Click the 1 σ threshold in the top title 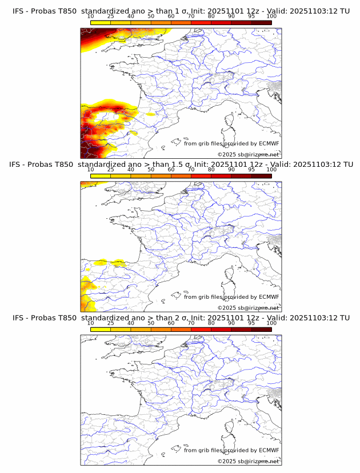click(x=183, y=11)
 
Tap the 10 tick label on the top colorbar click(x=90, y=16)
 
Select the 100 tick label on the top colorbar click(x=271, y=16)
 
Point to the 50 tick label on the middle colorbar click(x=151, y=170)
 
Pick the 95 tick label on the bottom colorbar click(x=251, y=323)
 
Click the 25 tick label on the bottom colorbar click(x=110, y=323)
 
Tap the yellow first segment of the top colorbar click(x=100, y=22)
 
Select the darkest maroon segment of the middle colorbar click(x=261, y=175)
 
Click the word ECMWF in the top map click(x=269, y=143)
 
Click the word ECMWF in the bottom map click(x=269, y=450)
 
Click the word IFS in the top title click(x=18, y=11)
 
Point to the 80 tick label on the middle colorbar click(x=211, y=170)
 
